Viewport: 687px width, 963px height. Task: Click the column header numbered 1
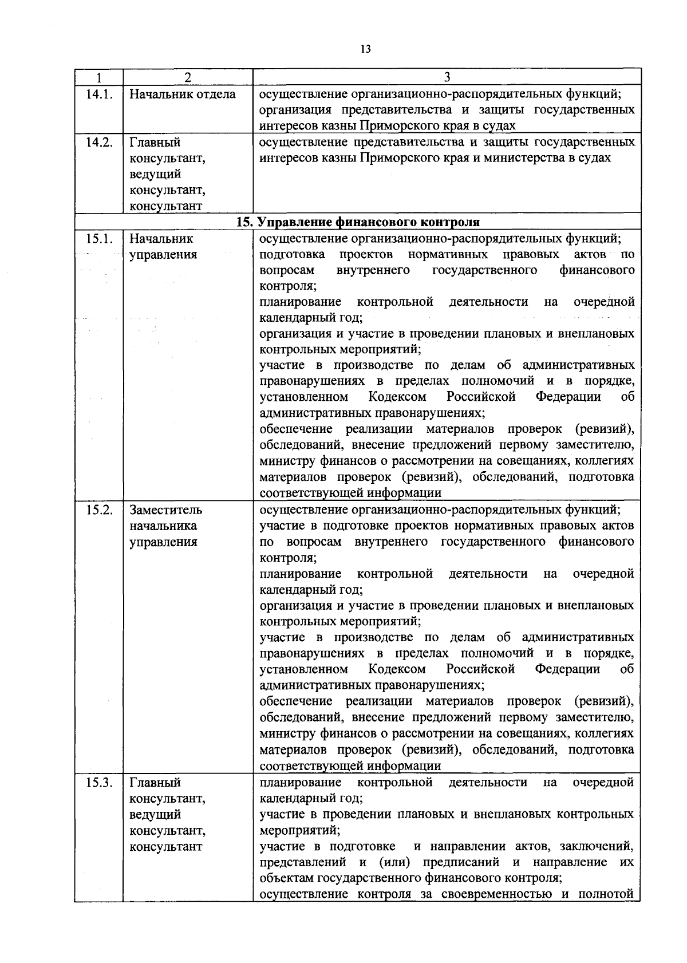98,77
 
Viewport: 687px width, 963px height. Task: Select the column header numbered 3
447,77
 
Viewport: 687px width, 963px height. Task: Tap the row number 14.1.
98,94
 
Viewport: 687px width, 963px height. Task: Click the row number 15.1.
98,239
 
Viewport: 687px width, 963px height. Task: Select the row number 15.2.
98,510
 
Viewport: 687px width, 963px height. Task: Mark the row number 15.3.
98,783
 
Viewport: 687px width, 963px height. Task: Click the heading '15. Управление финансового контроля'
358,222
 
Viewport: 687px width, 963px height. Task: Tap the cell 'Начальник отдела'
183,94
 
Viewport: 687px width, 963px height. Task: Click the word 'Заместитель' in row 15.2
166,510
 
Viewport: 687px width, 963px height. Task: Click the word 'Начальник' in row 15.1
161,239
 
